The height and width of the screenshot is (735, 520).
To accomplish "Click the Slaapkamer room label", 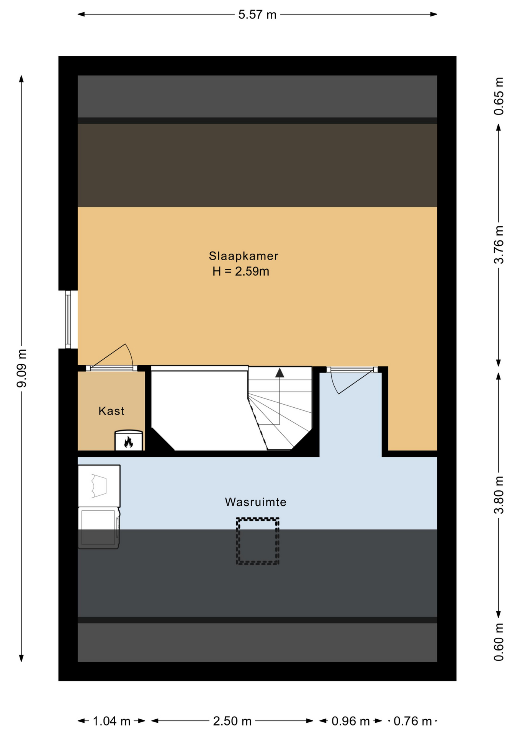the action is tap(243, 256).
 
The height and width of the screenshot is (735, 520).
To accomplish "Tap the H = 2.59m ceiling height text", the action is tap(241, 271).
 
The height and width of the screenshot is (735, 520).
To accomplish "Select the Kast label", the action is tap(111, 411).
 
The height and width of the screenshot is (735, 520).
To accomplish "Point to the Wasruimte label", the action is tap(255, 502).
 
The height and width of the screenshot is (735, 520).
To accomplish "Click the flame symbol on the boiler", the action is tap(129, 442).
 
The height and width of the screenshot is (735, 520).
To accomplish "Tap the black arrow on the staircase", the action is tap(280, 372).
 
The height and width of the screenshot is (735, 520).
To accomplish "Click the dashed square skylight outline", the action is tap(258, 541).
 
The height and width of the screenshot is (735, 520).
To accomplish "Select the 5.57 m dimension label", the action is tap(257, 15).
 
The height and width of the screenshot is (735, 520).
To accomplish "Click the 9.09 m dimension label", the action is tap(21, 368).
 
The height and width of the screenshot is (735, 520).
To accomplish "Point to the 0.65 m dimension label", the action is tap(499, 96).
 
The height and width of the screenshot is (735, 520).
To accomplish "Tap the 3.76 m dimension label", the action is tap(499, 245).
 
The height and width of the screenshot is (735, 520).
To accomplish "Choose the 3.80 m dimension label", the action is tap(499, 495).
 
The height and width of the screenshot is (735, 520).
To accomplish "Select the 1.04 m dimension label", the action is tap(112, 721).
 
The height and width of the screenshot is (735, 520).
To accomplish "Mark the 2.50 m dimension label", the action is tap(232, 721).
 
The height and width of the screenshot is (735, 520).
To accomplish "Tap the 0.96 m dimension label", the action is tap(351, 721).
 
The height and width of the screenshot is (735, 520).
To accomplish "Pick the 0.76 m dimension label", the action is tap(413, 721).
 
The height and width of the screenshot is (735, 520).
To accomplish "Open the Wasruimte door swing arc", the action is tap(334, 383).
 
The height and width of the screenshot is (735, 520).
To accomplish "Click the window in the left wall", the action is tap(68, 320).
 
